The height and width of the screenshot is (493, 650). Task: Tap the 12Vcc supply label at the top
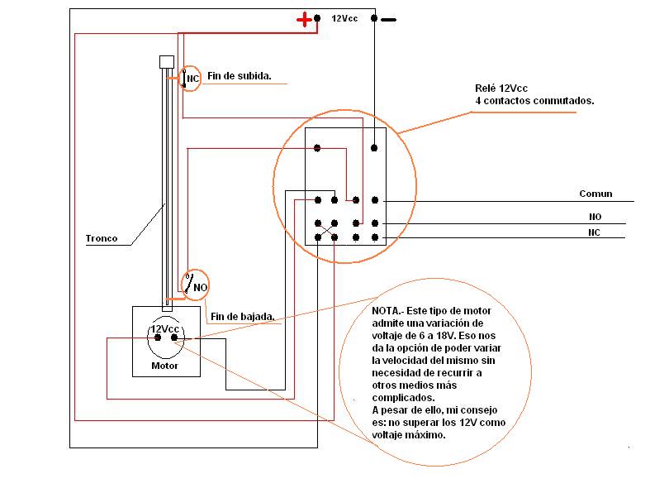[344, 17]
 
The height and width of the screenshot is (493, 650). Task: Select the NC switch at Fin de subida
[191, 79]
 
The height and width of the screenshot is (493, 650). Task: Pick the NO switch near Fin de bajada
[196, 285]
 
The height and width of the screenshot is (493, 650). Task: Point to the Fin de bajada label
[242, 316]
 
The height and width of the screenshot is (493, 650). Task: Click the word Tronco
[102, 239]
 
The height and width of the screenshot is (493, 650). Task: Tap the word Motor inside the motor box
[164, 365]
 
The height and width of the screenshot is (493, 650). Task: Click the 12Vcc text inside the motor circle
[164, 328]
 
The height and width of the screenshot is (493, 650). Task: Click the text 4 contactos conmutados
[534, 100]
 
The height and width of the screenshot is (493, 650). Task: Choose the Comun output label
[595, 194]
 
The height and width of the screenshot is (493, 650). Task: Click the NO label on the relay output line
[595, 217]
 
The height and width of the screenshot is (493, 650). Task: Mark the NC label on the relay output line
[595, 232]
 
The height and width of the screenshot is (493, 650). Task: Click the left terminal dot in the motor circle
[157, 337]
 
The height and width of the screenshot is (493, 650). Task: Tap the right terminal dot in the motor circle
[174, 337]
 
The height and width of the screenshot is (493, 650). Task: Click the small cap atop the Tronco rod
[165, 63]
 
